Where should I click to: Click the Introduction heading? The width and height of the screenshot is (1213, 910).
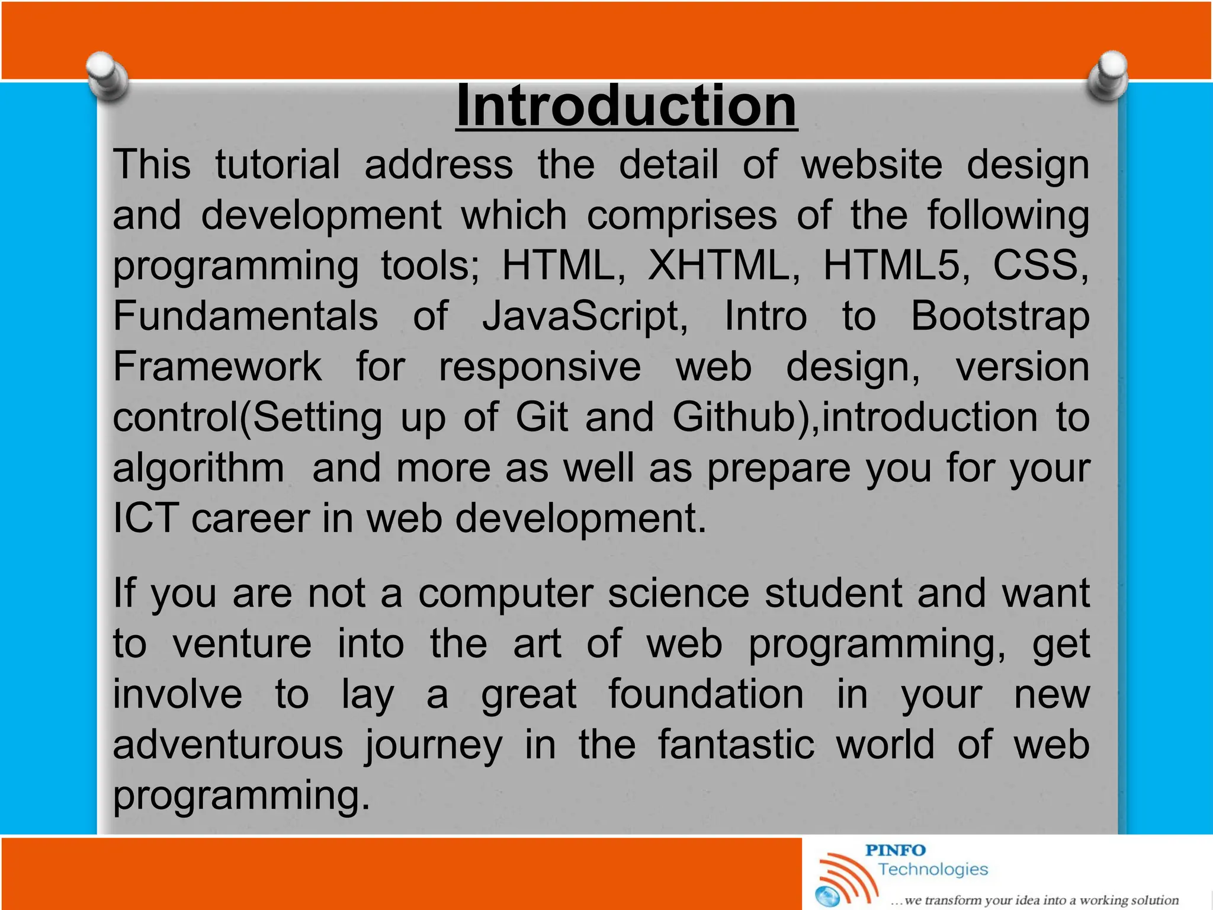[x=627, y=107]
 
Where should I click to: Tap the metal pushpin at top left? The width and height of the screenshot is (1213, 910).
[x=107, y=77]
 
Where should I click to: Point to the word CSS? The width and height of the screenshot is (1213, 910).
[x=1039, y=265]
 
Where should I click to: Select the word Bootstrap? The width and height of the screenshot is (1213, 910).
[x=999, y=316]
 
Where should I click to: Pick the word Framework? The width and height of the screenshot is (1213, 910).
[x=217, y=367]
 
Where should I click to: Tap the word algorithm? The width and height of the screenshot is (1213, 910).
[x=198, y=468]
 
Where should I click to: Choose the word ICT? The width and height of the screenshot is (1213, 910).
[x=146, y=518]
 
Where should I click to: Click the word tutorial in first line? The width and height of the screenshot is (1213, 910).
[x=277, y=165]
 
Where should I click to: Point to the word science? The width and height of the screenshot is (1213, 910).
[x=678, y=593]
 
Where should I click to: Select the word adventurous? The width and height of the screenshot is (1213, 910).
[x=228, y=745]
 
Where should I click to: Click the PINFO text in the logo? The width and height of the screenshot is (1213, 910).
[x=895, y=851]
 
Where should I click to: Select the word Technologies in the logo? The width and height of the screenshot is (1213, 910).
[x=933, y=870]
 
